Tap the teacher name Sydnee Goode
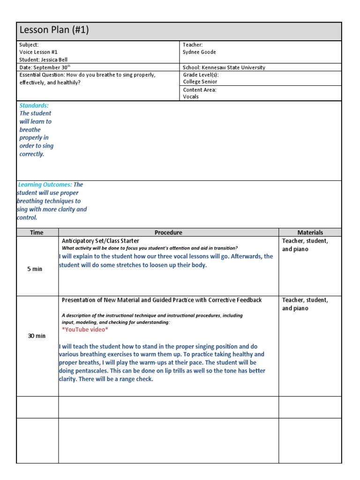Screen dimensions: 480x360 point(199,52)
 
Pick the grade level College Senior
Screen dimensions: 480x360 point(200,82)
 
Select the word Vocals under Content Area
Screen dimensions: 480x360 point(191,97)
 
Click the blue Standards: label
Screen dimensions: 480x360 point(34,105)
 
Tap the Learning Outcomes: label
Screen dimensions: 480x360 point(45,185)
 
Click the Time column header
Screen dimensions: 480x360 point(37,232)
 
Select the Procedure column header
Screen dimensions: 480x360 point(168,232)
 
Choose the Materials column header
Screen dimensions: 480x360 point(310,232)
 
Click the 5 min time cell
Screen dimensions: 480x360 point(35,269)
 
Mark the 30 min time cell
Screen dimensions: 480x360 point(37,336)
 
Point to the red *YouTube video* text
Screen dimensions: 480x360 point(85,330)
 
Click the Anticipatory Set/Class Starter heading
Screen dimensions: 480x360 point(100,240)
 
